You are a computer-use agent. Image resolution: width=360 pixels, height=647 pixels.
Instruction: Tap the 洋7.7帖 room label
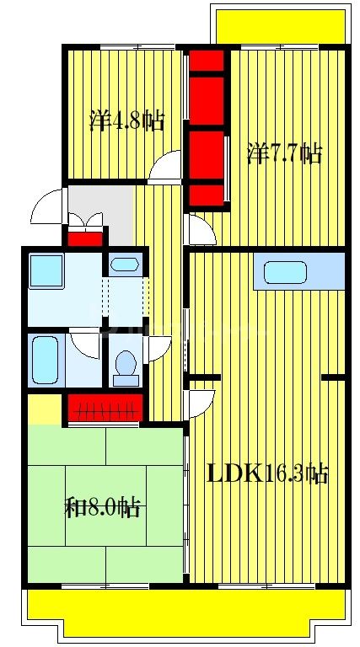(284, 154)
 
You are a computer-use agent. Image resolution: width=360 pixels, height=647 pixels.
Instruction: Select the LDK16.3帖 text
(267, 473)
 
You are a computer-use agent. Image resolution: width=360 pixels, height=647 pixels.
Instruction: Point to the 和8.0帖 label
(102, 507)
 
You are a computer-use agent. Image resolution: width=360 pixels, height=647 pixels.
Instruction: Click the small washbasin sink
(125, 265)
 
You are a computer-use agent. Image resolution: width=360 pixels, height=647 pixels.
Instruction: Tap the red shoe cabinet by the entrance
(84, 238)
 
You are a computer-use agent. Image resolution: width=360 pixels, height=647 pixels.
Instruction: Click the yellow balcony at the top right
(280, 25)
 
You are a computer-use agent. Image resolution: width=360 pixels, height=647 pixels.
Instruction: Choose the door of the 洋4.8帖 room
(164, 166)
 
